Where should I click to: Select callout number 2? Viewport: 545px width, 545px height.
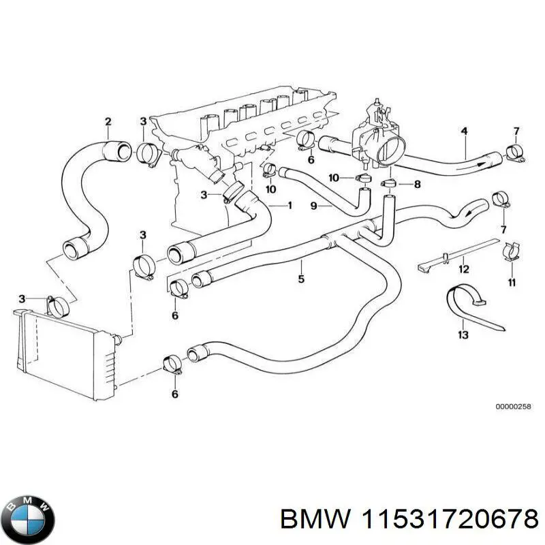tap(108, 122)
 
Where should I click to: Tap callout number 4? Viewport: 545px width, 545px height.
tap(464, 130)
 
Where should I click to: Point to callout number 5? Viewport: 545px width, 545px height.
tap(301, 278)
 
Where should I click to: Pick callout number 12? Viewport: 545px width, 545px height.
tap(464, 268)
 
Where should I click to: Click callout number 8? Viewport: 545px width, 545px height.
tap(418, 184)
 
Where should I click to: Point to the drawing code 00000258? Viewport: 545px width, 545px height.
tap(510, 407)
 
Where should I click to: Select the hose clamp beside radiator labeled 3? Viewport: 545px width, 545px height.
tap(59, 306)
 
